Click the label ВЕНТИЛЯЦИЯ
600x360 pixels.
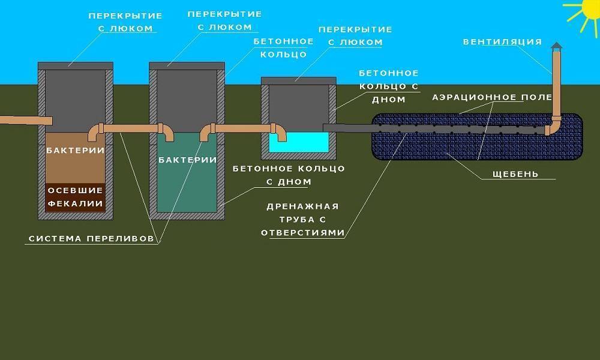tap(502, 41)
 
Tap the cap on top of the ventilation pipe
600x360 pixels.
tap(556, 46)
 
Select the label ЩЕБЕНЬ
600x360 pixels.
tap(515, 174)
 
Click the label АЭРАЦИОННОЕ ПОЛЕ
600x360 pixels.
tap(492, 97)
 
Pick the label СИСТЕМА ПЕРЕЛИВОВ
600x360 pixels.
tap(91, 239)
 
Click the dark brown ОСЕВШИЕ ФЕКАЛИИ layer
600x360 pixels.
tap(76, 197)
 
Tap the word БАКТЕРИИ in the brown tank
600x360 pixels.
tap(76, 151)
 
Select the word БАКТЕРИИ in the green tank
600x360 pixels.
tap(187, 160)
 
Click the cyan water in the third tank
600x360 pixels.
tap(299, 143)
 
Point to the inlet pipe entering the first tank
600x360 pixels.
tap(26, 120)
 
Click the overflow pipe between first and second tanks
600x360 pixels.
tap(131, 129)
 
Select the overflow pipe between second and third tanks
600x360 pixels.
tap(242, 129)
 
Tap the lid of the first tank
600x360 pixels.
tap(76, 66)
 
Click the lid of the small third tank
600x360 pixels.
tap(299, 81)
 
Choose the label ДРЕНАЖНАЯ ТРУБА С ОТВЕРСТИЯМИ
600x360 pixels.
tap(302, 220)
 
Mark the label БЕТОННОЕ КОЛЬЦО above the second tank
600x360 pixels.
tap(283, 48)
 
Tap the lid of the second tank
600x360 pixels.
tap(187, 66)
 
